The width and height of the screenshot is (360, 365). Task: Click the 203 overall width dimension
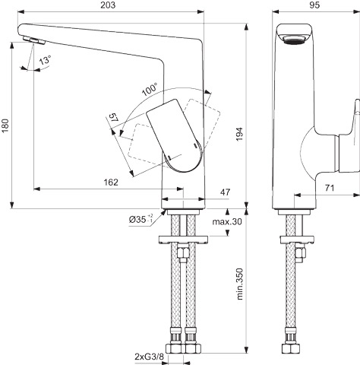click(108, 5)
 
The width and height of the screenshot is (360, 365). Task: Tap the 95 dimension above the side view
click(314, 5)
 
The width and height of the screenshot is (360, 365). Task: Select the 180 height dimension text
click(5, 125)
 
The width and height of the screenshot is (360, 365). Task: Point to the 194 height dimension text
click(239, 134)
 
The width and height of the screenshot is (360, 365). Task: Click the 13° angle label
click(45, 61)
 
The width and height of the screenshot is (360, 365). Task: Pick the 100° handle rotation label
click(150, 89)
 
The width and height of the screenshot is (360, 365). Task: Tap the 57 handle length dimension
click(114, 119)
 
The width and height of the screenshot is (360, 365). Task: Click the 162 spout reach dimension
click(111, 182)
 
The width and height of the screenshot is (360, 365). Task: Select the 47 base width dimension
click(225, 192)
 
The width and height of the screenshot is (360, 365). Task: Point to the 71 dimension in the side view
click(330, 188)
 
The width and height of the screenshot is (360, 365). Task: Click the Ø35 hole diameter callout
click(141, 219)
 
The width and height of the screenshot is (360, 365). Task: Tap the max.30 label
click(227, 221)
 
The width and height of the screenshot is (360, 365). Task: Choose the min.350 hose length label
click(239, 284)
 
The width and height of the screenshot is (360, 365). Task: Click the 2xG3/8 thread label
click(150, 357)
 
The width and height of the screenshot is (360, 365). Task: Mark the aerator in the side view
click(294, 40)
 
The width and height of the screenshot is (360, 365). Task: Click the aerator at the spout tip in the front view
click(33, 40)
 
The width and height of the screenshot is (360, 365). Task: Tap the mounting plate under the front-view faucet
click(183, 240)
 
